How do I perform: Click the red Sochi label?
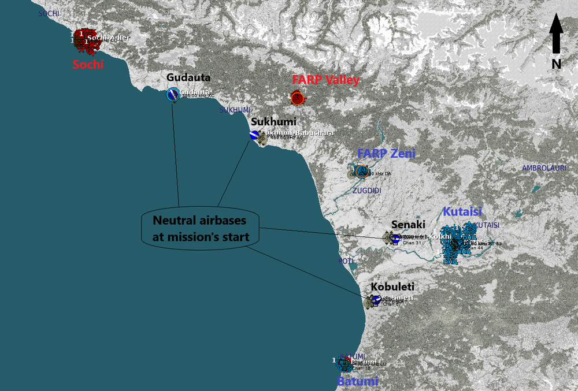point(88,64)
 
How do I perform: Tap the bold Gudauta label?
point(188,77)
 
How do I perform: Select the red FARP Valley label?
point(325,80)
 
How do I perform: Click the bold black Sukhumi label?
point(273,122)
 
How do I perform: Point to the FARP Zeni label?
point(386,154)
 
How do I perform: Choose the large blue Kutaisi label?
point(462,211)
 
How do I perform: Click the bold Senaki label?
point(408,224)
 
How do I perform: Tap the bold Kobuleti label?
point(392,287)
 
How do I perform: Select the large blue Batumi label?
point(358,381)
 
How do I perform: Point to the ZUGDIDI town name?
point(366,190)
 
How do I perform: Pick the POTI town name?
point(346,261)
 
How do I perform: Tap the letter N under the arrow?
point(556,64)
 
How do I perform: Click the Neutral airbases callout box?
point(201,229)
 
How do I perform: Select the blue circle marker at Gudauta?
point(172,94)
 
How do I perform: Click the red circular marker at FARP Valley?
point(298,98)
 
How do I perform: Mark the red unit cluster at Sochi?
point(86,39)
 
